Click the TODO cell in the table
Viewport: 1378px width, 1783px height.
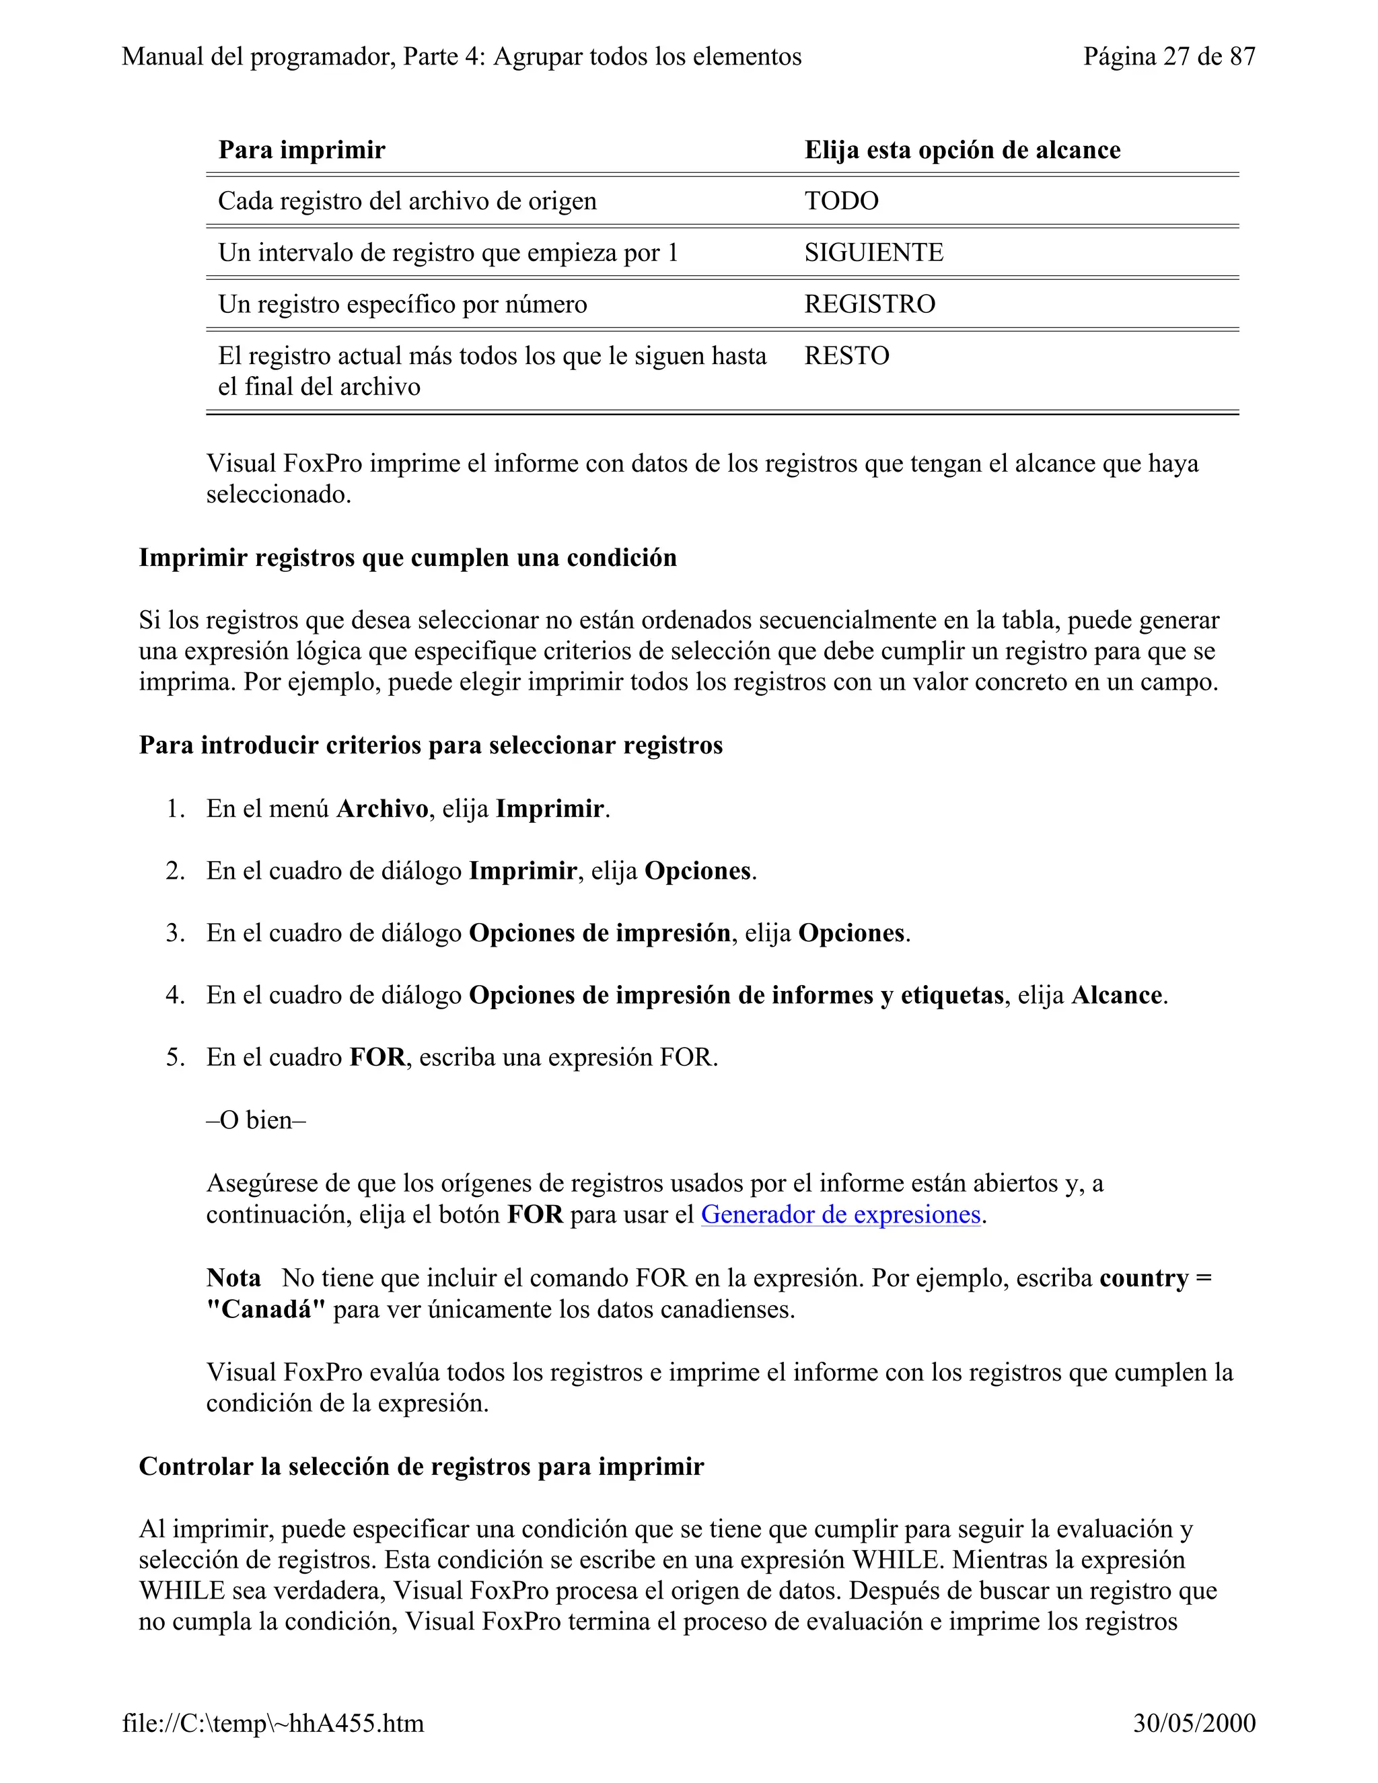click(x=841, y=201)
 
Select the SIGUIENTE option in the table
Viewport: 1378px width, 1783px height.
click(x=873, y=252)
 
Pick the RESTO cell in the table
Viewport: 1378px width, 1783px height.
click(x=846, y=356)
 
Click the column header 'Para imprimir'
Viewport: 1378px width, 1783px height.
click(x=301, y=150)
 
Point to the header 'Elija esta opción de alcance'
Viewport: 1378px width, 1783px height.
click(x=962, y=150)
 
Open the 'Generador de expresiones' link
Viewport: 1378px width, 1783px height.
click(x=840, y=1214)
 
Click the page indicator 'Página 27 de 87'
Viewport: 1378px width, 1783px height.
click(x=1168, y=57)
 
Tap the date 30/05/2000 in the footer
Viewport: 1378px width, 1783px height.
click(x=1194, y=1723)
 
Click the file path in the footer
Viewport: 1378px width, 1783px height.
click(x=273, y=1723)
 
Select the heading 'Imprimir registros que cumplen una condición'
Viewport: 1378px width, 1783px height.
click(x=407, y=558)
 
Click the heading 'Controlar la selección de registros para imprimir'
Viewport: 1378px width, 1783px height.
click(x=421, y=1466)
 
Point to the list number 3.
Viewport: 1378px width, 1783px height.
click(x=175, y=933)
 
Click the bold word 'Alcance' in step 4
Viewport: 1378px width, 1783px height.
click(x=1116, y=995)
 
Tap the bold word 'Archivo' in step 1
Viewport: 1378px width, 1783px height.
click(x=382, y=809)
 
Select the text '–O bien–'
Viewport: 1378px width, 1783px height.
click(x=256, y=1120)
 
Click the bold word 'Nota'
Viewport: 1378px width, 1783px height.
click(x=233, y=1278)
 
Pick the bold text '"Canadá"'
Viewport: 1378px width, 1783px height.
click(x=265, y=1309)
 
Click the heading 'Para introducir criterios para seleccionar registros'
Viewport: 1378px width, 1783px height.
click(x=430, y=745)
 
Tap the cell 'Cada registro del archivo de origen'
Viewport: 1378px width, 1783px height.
click(x=406, y=201)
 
